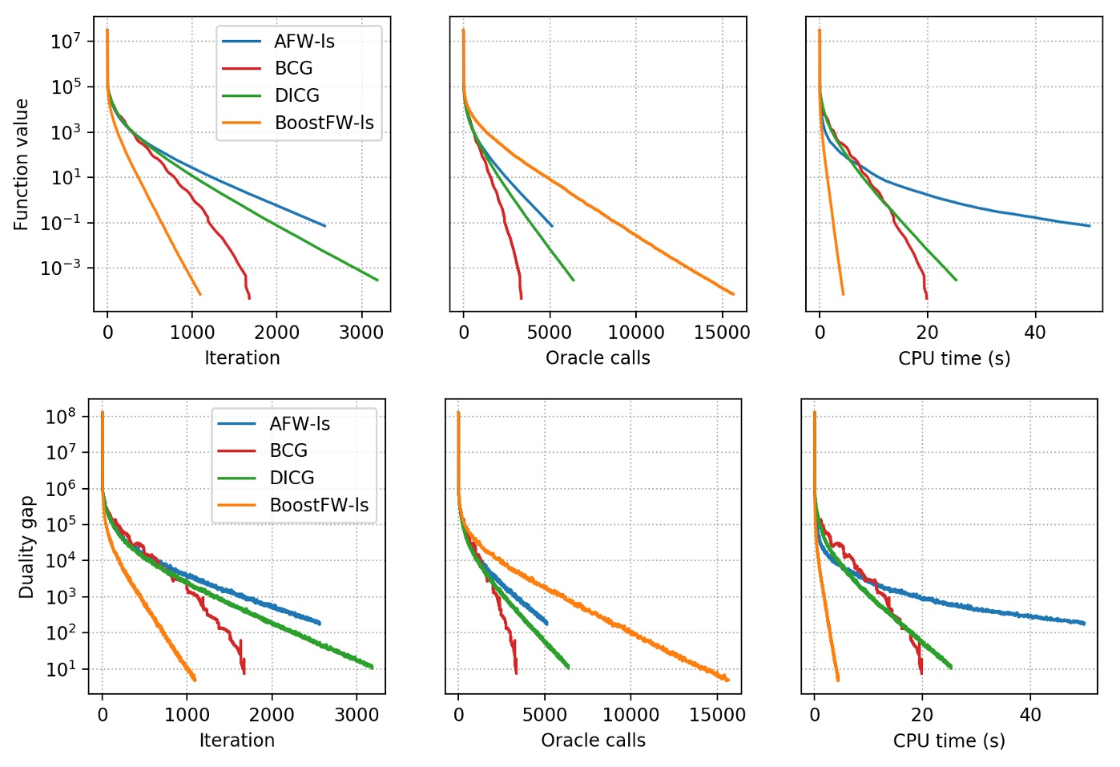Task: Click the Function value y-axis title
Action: (x=22, y=164)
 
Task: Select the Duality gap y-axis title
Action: (x=26, y=547)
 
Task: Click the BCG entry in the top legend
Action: (x=293, y=68)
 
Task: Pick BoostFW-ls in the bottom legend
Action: (x=319, y=505)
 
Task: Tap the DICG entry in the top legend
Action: (x=296, y=95)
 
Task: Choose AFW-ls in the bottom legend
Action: (x=300, y=424)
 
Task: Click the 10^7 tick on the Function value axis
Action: (x=66, y=41)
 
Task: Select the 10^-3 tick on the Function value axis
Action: (x=61, y=268)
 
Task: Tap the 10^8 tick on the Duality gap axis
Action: (x=61, y=416)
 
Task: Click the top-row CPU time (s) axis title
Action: (x=954, y=358)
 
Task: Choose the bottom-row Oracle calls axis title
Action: (x=593, y=741)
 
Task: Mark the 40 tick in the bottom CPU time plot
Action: (x=1030, y=715)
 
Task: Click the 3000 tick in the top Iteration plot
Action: (x=361, y=333)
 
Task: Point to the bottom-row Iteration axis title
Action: (x=236, y=741)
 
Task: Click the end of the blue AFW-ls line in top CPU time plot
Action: (x=1090, y=226)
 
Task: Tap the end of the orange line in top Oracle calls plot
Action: (x=733, y=294)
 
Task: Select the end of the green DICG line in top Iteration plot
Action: (x=377, y=280)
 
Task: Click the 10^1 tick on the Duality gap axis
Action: (x=61, y=668)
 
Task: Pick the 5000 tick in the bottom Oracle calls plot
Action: (x=545, y=715)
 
